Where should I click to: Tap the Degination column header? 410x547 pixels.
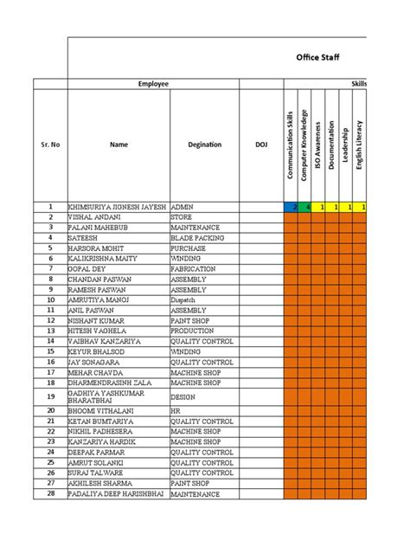[x=204, y=145]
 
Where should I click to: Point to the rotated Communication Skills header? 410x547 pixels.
[x=291, y=145]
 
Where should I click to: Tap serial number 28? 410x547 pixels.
[x=50, y=493]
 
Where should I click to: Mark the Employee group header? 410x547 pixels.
[x=154, y=84]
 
